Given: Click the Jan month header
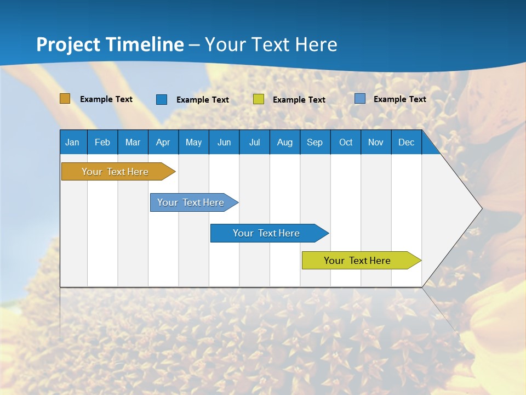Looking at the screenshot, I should pyautogui.click(x=73, y=142).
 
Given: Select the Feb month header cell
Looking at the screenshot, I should pyautogui.click(x=102, y=142).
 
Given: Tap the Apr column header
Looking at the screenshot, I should pyautogui.click(x=163, y=142).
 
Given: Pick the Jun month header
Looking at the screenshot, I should pyautogui.click(x=224, y=142).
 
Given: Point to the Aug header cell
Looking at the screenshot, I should pyautogui.click(x=284, y=142).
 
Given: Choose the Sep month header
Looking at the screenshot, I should pyautogui.click(x=315, y=142).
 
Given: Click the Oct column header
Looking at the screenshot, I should pyautogui.click(x=346, y=142).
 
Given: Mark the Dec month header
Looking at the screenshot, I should pyautogui.click(x=406, y=142).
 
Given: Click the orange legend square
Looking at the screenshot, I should pyautogui.click(x=65, y=99).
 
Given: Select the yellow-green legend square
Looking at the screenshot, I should pyautogui.click(x=259, y=99).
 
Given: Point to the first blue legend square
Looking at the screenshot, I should pyautogui.click(x=162, y=99).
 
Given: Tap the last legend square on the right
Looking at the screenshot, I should pyautogui.click(x=359, y=99).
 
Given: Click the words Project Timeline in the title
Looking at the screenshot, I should pyautogui.click(x=110, y=44).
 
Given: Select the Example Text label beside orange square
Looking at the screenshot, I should pyautogui.click(x=106, y=99).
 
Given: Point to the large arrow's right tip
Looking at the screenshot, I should pyautogui.click(x=481, y=208).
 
